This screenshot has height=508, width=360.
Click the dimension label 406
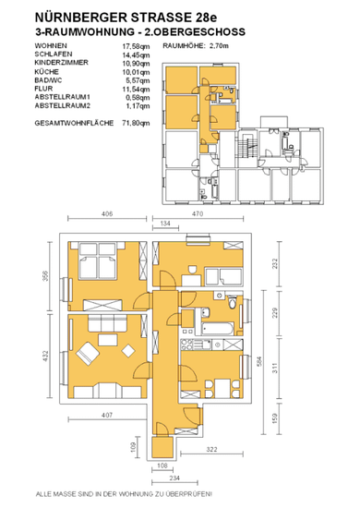[x=107, y=214]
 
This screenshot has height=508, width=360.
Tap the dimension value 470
[x=198, y=214]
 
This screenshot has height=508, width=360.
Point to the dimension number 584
[x=258, y=361]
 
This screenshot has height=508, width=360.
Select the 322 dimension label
[x=211, y=450]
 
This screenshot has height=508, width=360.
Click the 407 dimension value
[x=107, y=415]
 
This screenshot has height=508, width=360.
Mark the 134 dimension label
[x=165, y=224]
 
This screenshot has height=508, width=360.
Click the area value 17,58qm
[x=136, y=46]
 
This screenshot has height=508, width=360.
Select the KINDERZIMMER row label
[x=62, y=63]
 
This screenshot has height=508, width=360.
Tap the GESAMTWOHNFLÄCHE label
[x=74, y=123]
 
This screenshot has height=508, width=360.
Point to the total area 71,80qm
[x=136, y=123]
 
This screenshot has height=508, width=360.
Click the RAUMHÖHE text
[x=184, y=46]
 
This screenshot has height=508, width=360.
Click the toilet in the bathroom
[x=232, y=303]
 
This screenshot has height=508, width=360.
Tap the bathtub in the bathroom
[x=217, y=329]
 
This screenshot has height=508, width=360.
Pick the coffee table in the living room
[x=108, y=340]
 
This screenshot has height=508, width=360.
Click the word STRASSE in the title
[x=156, y=18]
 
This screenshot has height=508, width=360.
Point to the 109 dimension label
[x=133, y=447]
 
